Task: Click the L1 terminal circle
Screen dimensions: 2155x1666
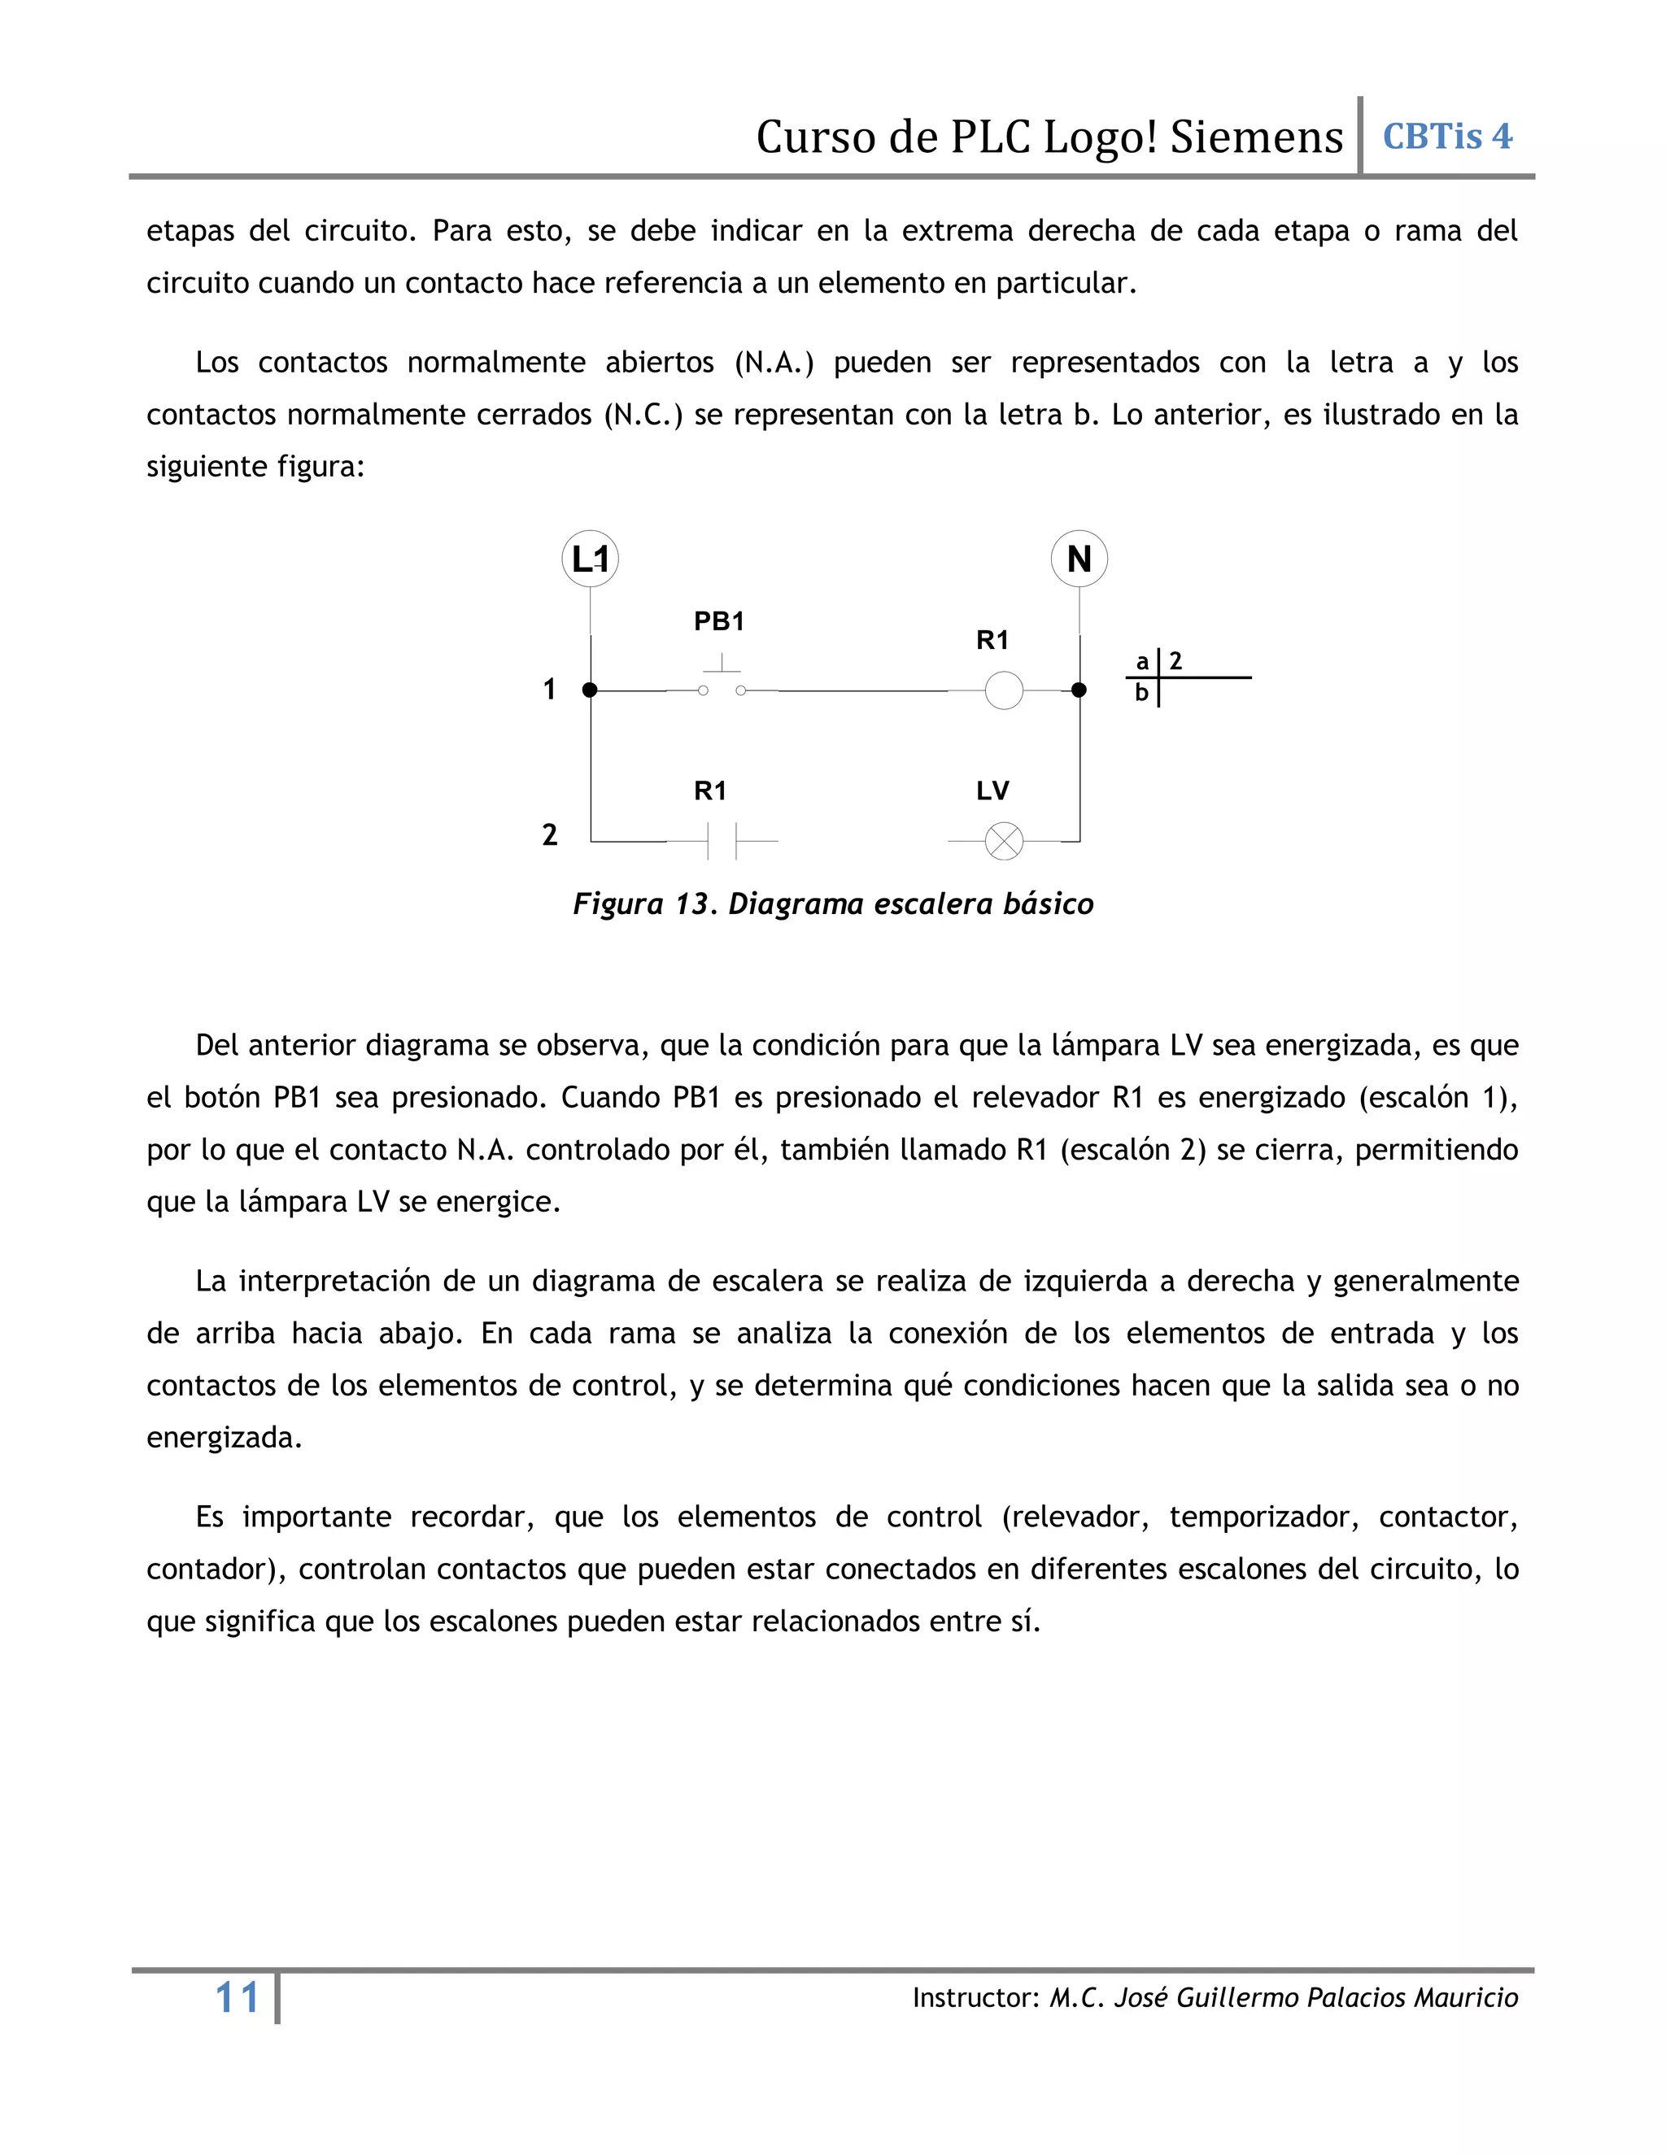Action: (591, 559)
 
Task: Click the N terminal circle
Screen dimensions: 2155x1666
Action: (1079, 559)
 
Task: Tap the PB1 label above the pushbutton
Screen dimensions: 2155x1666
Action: (718, 621)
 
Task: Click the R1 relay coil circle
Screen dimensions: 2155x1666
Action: (1004, 690)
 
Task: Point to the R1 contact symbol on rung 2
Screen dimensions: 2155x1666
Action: (722, 842)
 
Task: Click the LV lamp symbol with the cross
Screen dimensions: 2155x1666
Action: (1004, 842)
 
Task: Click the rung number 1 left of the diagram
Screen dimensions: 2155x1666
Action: (550, 689)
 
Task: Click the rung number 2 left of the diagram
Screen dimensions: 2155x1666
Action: (550, 835)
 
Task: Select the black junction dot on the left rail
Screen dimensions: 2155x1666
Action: (591, 690)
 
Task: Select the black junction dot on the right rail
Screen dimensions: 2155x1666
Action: (1079, 690)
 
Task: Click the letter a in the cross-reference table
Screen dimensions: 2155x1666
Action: (1142, 662)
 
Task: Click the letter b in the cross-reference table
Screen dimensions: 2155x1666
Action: (1142, 693)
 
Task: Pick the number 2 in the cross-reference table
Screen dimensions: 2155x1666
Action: (1175, 661)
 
